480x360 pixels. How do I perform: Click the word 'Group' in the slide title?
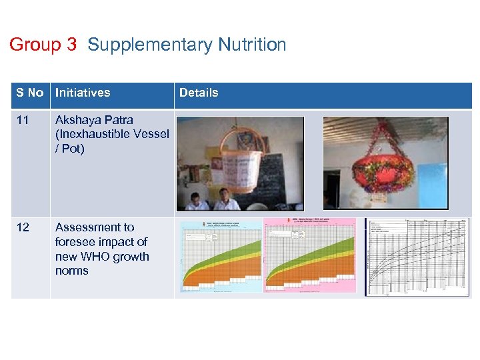pos(35,45)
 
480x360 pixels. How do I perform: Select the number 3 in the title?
pos(72,45)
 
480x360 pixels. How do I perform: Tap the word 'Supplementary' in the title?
pos(149,45)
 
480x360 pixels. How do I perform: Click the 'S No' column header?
pos(30,93)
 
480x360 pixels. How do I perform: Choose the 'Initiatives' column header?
pos(83,93)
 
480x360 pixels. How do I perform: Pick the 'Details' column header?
pos(199,93)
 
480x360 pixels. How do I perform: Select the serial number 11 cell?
pos(23,120)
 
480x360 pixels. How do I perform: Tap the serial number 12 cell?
pos(23,227)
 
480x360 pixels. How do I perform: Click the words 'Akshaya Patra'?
pos(94,120)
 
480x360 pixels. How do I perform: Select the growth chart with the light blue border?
pos(221,256)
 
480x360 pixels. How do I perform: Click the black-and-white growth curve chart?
pos(417,256)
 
